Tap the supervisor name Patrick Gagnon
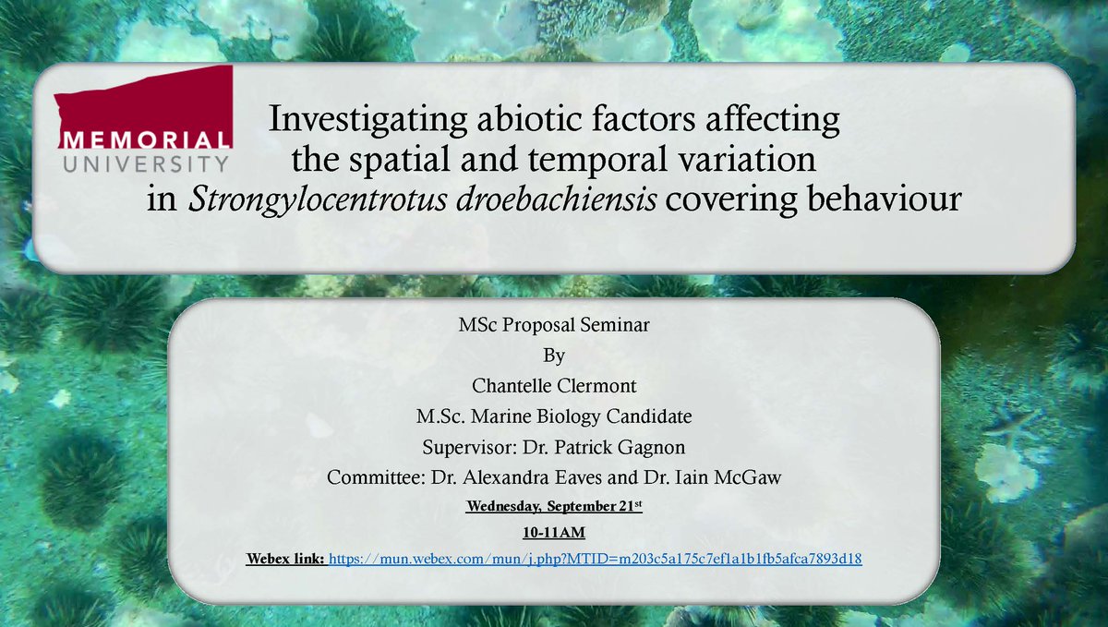coord(608,448)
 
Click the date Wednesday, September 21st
coord(554,506)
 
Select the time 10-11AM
coord(554,533)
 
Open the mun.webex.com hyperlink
coord(595,560)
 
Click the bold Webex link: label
coord(284,560)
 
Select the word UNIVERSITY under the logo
coord(144,163)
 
